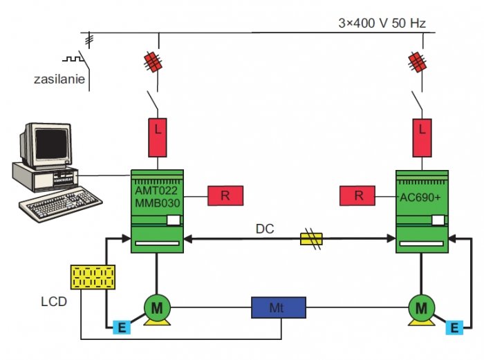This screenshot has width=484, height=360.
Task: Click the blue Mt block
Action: tap(279, 307)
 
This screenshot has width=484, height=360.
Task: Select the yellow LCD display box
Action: tap(93, 277)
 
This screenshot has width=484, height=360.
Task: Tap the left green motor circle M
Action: tap(157, 307)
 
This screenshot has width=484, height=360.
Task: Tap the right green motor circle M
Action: tap(421, 307)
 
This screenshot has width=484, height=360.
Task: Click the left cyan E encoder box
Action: tap(122, 328)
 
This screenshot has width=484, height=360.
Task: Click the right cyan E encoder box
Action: tap(454, 328)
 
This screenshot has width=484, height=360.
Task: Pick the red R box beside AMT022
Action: tap(225, 196)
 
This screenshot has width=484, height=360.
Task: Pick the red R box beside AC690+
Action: tap(357, 196)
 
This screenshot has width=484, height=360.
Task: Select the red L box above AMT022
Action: tap(158, 138)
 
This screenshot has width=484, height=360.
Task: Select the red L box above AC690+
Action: tap(422, 138)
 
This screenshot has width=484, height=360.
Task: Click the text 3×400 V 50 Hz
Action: tap(382, 23)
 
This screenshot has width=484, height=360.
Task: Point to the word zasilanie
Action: tap(59, 79)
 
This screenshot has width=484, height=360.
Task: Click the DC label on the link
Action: tap(265, 229)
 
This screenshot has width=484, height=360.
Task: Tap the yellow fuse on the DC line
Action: tap(311, 239)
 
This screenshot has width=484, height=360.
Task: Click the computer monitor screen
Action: tap(51, 144)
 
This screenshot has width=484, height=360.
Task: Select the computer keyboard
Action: tap(61, 205)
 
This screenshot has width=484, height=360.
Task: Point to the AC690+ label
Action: tap(420, 198)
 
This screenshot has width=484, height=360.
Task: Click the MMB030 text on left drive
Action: tap(158, 203)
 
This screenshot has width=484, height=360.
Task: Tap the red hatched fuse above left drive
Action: tap(153, 61)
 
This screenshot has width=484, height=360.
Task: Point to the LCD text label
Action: tap(54, 302)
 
